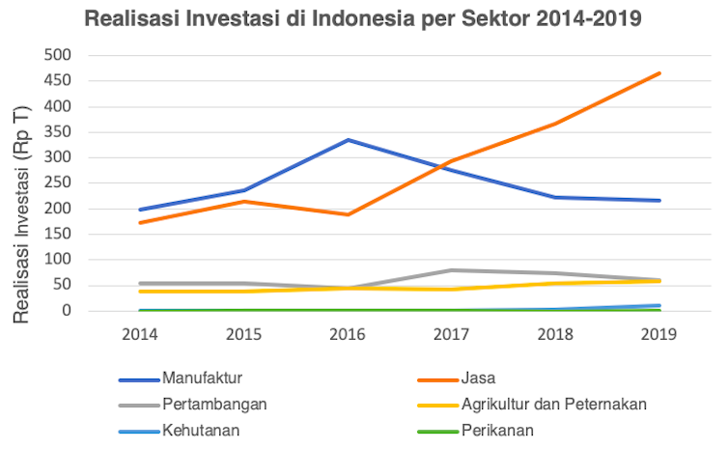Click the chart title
[362, 18]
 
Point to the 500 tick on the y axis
[60, 55]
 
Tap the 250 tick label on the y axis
[60, 182]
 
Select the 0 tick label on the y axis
[69, 311]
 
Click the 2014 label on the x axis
[141, 333]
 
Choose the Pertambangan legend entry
[212, 404]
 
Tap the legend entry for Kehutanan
[202, 430]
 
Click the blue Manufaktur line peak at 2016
[349, 140]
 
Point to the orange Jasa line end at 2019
[659, 73]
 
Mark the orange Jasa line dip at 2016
[349, 214]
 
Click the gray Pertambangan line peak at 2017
[452, 270]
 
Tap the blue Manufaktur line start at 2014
[141, 210]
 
